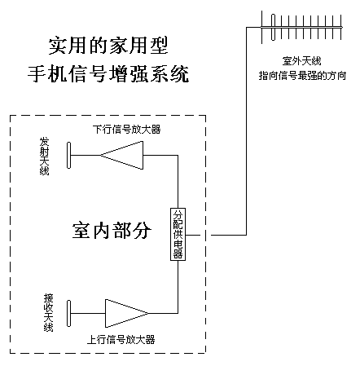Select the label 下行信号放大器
pyautogui.click(x=126, y=130)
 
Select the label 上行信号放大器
pyautogui.click(x=121, y=340)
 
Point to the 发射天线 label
pyautogui.click(x=45, y=157)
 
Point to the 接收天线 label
pyautogui.click(x=49, y=313)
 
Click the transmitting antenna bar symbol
pyautogui.click(x=69, y=155)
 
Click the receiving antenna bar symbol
pyautogui.click(x=69, y=313)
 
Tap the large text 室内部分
pyautogui.click(x=112, y=231)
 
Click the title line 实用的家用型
pyautogui.click(x=108, y=46)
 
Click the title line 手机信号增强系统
pyautogui.click(x=108, y=73)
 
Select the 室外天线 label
pyautogui.click(x=301, y=61)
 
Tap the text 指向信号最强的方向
pyautogui.click(x=302, y=76)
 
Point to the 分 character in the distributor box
pyautogui.click(x=178, y=214)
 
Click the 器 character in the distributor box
pyautogui.click(x=178, y=254)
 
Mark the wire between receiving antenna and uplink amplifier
pyautogui.click(x=88, y=313)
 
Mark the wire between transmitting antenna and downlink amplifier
pyautogui.click(x=86, y=156)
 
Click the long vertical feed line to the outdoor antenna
pyautogui.click(x=247, y=131)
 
